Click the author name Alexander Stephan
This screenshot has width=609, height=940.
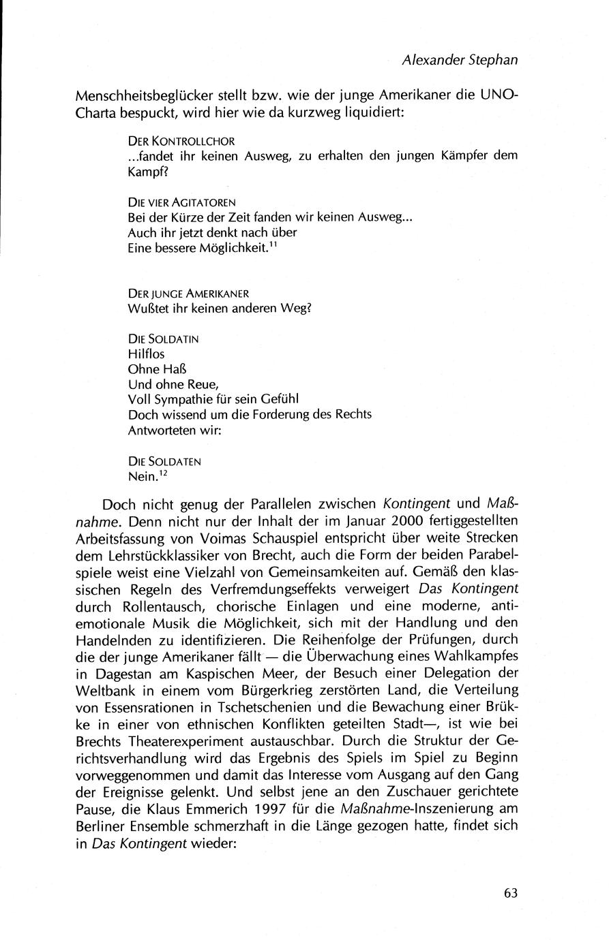pos(460,60)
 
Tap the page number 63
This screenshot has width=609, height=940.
pos(511,894)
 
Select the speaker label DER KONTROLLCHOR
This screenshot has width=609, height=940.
pos(181,142)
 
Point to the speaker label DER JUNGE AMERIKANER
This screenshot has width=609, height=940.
pos(188,293)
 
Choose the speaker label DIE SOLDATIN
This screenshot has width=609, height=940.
pos(163,339)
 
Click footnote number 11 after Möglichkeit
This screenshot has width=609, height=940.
pos(271,244)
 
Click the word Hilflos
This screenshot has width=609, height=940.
pos(146,354)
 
